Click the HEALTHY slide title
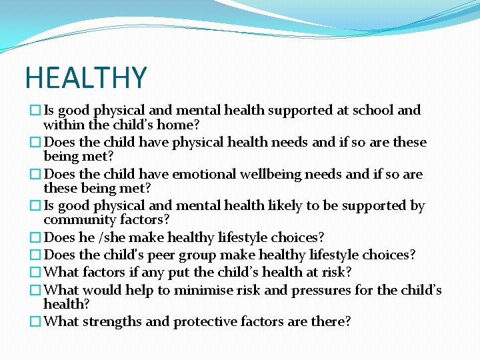pos(85,78)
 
